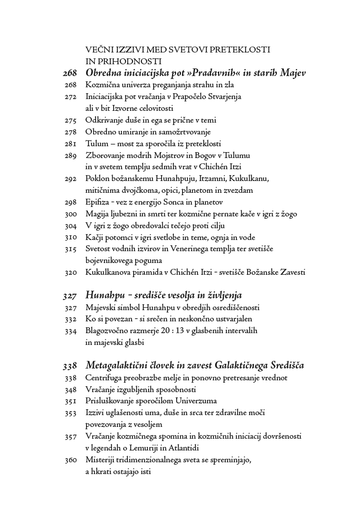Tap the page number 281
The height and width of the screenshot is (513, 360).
(x=70, y=144)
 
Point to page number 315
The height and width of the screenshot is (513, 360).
(x=70, y=249)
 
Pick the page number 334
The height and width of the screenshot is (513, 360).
(x=70, y=331)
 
